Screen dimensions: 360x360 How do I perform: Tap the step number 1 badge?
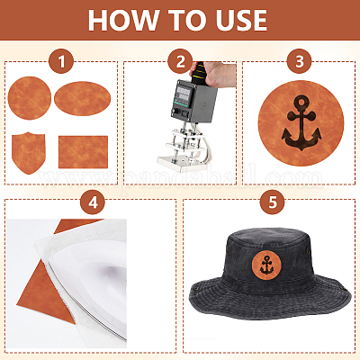tap(61, 61)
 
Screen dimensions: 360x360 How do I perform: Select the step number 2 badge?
tap(180, 61)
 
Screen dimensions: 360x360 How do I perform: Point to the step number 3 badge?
tap(299, 61)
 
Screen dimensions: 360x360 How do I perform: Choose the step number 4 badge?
tap(93, 202)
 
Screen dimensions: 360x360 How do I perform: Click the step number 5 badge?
tap(272, 202)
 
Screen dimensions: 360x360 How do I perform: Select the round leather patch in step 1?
tap(30, 98)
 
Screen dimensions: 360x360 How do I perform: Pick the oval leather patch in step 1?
tap(83, 98)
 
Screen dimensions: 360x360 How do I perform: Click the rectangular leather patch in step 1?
tap(83, 152)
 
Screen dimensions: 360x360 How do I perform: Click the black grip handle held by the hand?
tap(198, 74)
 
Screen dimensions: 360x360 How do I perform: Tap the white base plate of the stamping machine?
tap(182, 164)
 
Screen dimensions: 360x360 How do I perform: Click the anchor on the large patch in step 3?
tap(301, 123)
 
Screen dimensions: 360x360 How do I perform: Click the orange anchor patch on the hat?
tap(266, 265)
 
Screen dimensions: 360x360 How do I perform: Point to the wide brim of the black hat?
tap(270, 300)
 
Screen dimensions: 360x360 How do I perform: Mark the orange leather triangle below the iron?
tap(45, 295)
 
